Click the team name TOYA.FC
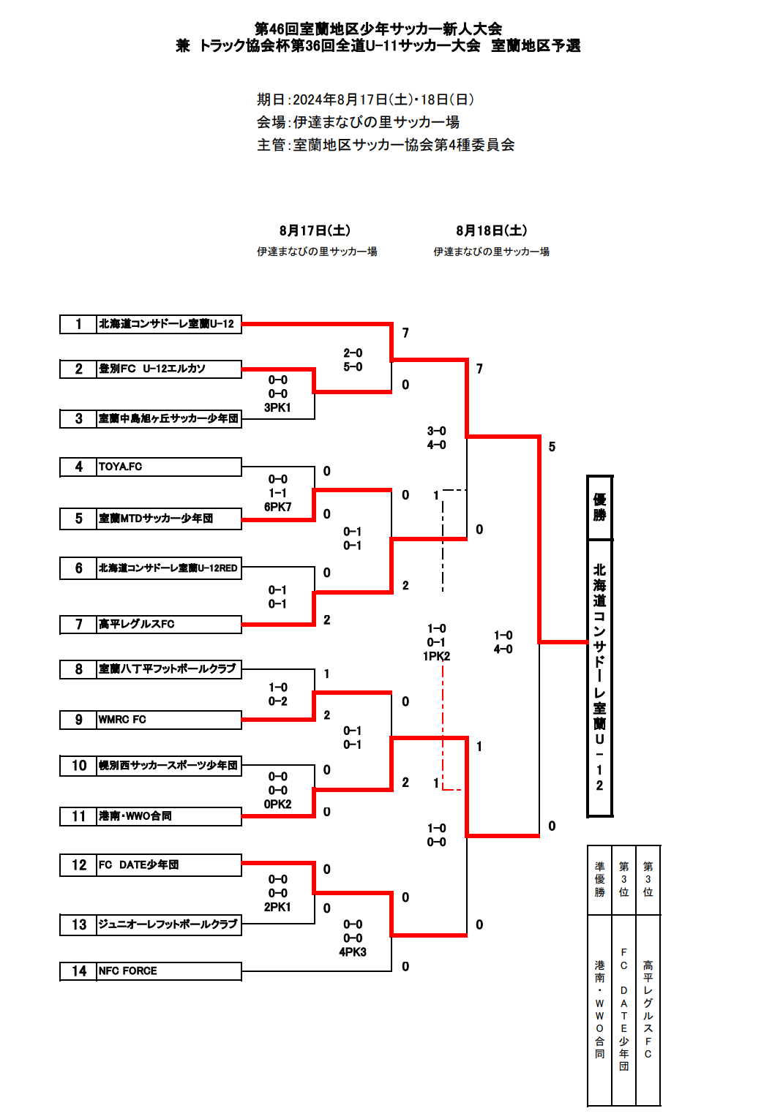click(121, 467)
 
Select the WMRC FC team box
click(168, 720)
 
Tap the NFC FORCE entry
click(168, 971)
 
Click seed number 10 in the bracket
click(79, 766)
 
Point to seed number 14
click(79, 971)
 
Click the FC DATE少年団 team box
click(168, 865)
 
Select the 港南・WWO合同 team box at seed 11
click(168, 816)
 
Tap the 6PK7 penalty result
click(277, 507)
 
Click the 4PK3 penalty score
click(353, 952)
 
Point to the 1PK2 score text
click(436, 656)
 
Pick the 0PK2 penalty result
click(277, 804)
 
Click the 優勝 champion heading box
click(599, 507)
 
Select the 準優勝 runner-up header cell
click(599, 880)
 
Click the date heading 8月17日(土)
click(315, 230)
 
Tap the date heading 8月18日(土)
click(491, 230)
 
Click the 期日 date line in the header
click(365, 99)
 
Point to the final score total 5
click(552, 447)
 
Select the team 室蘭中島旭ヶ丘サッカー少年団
click(168, 418)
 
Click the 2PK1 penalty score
click(277, 907)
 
